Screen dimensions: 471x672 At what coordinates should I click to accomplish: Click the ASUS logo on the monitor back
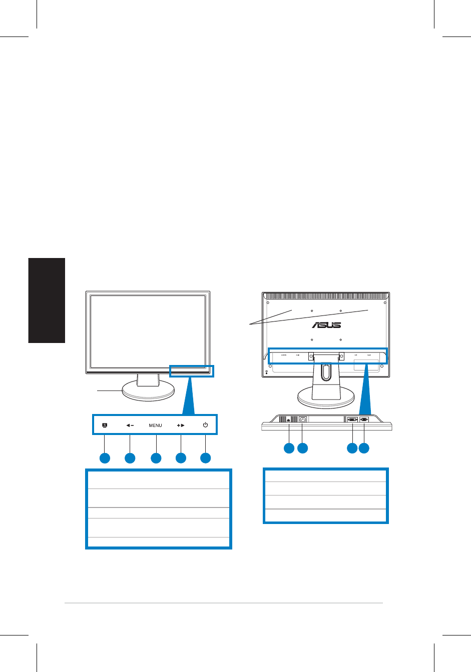[326, 325]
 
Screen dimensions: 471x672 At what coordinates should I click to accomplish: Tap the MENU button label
[155, 425]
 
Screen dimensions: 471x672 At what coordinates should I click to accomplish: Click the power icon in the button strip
[205, 425]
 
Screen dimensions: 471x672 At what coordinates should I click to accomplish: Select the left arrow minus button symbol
[130, 425]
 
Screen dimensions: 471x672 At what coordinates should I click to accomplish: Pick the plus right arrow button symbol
[181, 425]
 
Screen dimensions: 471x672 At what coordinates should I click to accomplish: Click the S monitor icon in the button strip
[104, 425]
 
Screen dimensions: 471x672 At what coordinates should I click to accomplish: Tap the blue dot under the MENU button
[156, 458]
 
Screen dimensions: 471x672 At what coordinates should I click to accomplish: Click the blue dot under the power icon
[205, 458]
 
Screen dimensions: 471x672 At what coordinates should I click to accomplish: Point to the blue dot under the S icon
[104, 458]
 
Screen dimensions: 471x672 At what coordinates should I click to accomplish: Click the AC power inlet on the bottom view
[302, 419]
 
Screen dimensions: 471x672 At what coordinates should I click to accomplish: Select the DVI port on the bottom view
[352, 419]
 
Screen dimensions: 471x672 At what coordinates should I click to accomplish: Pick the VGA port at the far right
[364, 419]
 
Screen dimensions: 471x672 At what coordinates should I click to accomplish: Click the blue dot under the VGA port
[364, 448]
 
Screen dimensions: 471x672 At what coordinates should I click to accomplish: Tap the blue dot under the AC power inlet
[302, 448]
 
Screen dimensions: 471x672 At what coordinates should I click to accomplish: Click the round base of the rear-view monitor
[325, 398]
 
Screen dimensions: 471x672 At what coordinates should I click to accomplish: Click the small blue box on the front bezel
[191, 370]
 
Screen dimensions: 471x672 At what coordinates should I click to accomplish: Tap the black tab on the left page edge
[47, 300]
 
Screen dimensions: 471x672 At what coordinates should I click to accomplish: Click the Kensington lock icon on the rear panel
[267, 371]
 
